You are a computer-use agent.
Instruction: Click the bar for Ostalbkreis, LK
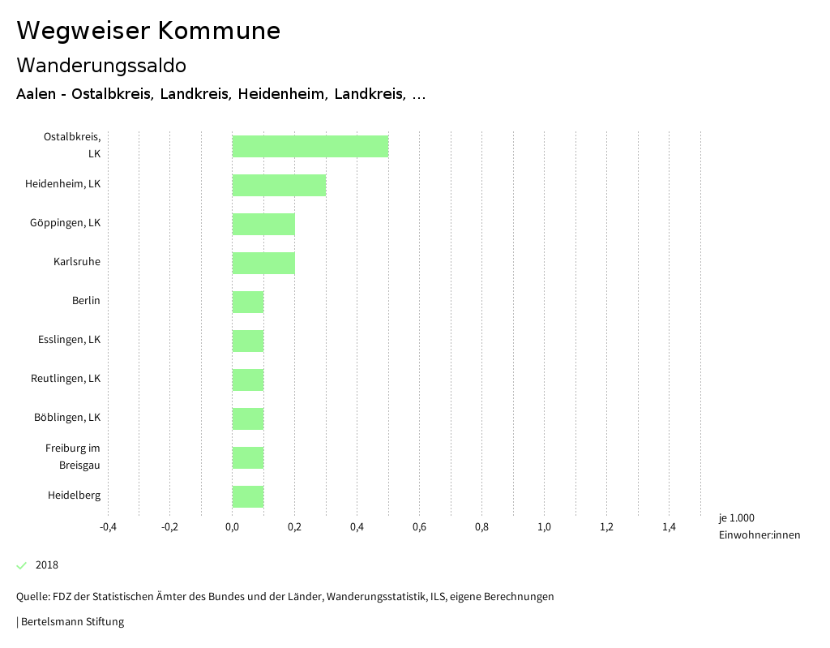(x=310, y=146)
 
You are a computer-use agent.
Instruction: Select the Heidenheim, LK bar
(x=279, y=185)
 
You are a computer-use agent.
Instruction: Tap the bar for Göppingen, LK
(x=263, y=224)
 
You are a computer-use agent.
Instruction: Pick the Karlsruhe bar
(x=263, y=263)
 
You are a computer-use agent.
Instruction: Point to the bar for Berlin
(x=248, y=302)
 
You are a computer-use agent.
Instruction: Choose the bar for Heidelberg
(x=248, y=496)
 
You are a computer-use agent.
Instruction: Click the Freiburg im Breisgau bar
(x=248, y=457)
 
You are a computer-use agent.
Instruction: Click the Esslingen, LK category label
(x=69, y=340)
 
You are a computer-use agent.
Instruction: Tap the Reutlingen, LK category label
(x=66, y=379)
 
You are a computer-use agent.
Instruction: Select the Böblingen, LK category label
(x=67, y=418)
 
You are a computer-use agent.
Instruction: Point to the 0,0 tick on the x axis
(x=232, y=527)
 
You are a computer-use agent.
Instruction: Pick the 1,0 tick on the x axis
(x=544, y=527)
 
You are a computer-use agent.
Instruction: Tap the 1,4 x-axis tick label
(x=669, y=527)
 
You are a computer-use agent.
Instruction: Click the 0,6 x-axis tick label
(x=419, y=527)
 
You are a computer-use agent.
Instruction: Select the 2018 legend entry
(x=46, y=565)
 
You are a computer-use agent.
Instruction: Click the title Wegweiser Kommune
(x=148, y=31)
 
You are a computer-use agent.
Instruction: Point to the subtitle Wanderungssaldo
(x=101, y=65)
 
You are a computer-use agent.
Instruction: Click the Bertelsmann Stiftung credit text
(x=72, y=622)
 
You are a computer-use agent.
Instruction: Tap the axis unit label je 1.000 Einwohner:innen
(x=759, y=526)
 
